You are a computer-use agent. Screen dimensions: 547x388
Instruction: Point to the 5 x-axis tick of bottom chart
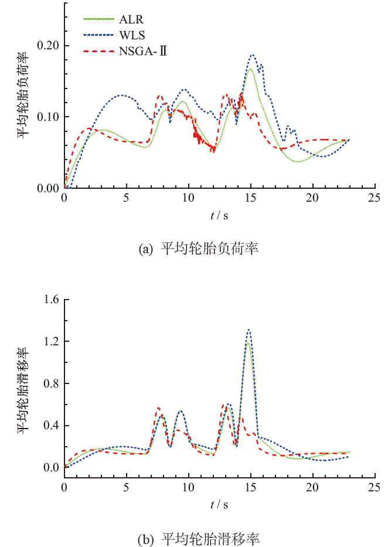(126, 478)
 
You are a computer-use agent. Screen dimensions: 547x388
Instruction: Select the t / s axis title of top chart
(219, 216)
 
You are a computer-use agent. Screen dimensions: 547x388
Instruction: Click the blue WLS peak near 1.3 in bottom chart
(249, 329)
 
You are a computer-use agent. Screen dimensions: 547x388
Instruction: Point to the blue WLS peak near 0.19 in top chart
(253, 55)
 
